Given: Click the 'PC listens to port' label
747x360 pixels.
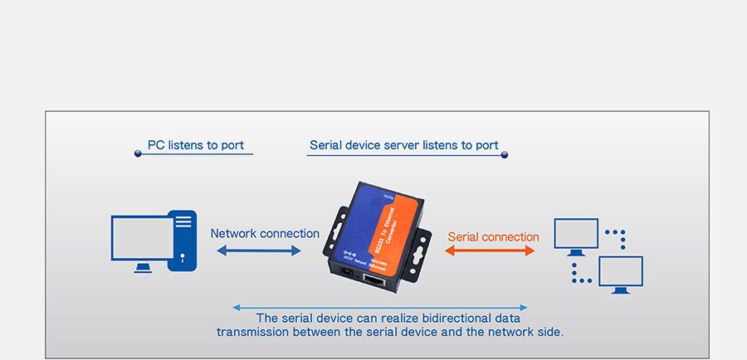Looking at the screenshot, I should [196, 145].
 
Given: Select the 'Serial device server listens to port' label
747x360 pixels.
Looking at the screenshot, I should [404, 145].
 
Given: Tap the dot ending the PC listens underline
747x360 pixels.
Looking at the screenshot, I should [138, 153].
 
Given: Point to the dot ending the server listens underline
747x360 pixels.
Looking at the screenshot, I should [504, 154].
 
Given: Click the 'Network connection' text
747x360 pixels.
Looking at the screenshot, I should [265, 234].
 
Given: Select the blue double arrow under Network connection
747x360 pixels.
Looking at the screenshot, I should [259, 250].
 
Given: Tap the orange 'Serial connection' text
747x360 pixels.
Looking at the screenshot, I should [493, 236].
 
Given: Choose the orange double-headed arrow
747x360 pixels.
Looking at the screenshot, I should [491, 251].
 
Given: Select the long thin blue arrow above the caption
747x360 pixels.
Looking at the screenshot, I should [380, 307].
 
